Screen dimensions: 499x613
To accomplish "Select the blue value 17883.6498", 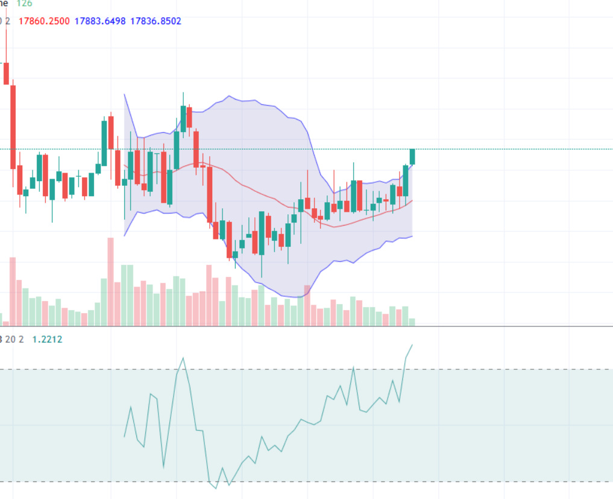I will pyautogui.click(x=100, y=21).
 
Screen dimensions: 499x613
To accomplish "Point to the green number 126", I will pyautogui.click(x=24, y=3).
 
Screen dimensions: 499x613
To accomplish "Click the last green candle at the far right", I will pyautogui.click(x=412, y=156).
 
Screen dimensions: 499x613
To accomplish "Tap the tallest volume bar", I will pyautogui.click(x=110, y=281).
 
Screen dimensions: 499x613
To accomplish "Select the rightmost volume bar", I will pyautogui.click(x=412, y=322).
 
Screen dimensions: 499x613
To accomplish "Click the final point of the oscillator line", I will pyautogui.click(x=412, y=345).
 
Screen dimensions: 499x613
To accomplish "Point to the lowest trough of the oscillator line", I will pyautogui.click(x=216, y=488).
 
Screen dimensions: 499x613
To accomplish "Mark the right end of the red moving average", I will pyautogui.click(x=412, y=200).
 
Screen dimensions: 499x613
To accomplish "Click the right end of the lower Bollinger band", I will pyautogui.click(x=412, y=236).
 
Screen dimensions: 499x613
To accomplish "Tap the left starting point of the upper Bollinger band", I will pyautogui.click(x=124, y=94).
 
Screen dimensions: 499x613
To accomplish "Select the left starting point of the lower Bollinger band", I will pyautogui.click(x=124, y=235).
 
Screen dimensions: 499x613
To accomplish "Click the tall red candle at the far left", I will pyautogui.click(x=13, y=127).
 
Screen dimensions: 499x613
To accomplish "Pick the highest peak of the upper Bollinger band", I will pyautogui.click(x=229, y=96).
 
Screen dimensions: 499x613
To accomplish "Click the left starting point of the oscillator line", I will pyautogui.click(x=124, y=436).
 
